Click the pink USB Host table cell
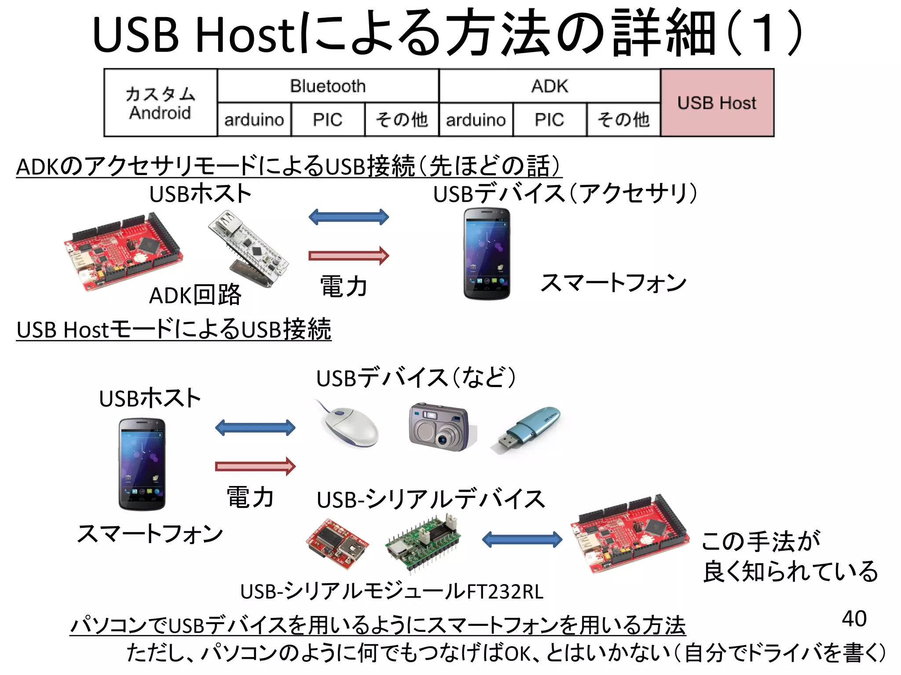(x=717, y=103)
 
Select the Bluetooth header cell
(x=328, y=86)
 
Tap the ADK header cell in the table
(x=549, y=86)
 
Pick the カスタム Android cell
(x=160, y=103)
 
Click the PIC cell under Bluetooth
(x=328, y=120)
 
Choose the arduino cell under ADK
(x=476, y=120)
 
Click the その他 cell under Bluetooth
(x=401, y=120)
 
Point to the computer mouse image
(x=350, y=425)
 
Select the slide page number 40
(x=854, y=618)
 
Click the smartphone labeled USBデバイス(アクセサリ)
(x=487, y=254)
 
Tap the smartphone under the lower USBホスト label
(x=142, y=464)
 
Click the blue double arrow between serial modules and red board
(x=522, y=540)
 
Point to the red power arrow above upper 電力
(x=348, y=255)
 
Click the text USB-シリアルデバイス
(x=430, y=500)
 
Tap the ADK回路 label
(x=195, y=295)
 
